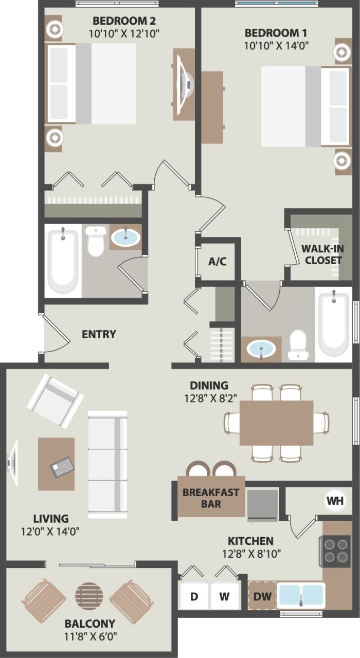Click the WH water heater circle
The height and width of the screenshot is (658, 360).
click(334, 500)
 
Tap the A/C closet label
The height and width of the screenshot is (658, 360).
click(217, 261)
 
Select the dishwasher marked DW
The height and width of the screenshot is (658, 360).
click(262, 596)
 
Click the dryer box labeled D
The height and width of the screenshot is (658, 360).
click(194, 596)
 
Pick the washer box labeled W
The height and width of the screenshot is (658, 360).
click(224, 596)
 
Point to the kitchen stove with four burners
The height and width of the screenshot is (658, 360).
click(335, 551)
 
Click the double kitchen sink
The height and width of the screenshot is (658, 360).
click(301, 595)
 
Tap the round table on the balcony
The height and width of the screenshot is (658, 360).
click(89, 596)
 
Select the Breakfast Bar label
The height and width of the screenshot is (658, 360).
click(211, 498)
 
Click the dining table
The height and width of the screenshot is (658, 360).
click(277, 423)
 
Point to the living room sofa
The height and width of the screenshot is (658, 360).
click(107, 464)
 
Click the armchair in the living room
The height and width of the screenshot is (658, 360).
click(55, 400)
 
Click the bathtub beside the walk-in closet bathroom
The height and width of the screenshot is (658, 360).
click(333, 323)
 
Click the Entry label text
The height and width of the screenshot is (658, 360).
click(99, 334)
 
